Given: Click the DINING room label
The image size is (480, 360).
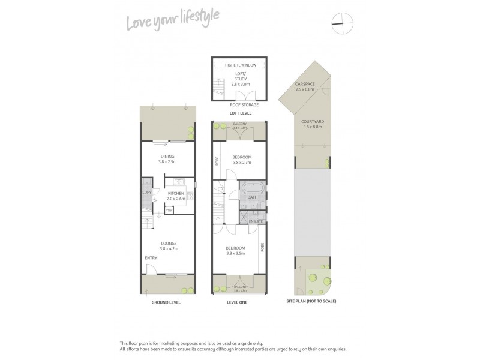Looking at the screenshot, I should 167,156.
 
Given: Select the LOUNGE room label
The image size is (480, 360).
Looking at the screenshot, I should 167,244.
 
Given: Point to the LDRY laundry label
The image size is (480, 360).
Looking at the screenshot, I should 146,193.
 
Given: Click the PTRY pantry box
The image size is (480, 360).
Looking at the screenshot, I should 169,211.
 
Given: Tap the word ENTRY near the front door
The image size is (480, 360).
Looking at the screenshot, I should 151,258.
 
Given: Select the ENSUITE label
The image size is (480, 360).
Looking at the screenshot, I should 256,221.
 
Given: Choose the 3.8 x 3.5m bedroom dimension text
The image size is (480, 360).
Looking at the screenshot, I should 235,253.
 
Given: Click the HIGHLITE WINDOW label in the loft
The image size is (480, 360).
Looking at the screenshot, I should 240,65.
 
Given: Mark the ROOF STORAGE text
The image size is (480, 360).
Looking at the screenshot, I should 240,104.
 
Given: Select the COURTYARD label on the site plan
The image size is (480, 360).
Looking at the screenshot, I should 313,122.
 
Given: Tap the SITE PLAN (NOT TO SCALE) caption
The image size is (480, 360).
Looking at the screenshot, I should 311,301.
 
